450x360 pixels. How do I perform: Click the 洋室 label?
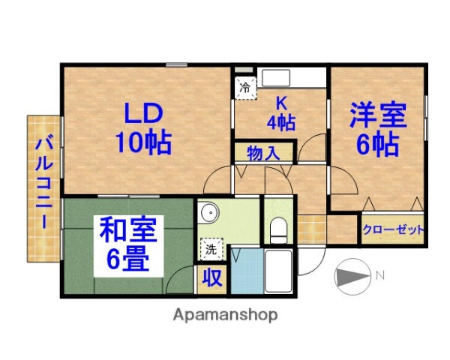click(x=376, y=115)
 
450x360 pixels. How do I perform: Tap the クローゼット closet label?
click(x=393, y=229)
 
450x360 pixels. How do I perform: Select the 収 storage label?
click(x=212, y=277)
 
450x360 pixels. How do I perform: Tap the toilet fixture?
click(x=277, y=228)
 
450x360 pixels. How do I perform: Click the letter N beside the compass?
click(x=380, y=276)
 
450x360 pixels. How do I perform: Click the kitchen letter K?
click(x=282, y=104)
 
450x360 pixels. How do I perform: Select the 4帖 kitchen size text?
click(x=282, y=121)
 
